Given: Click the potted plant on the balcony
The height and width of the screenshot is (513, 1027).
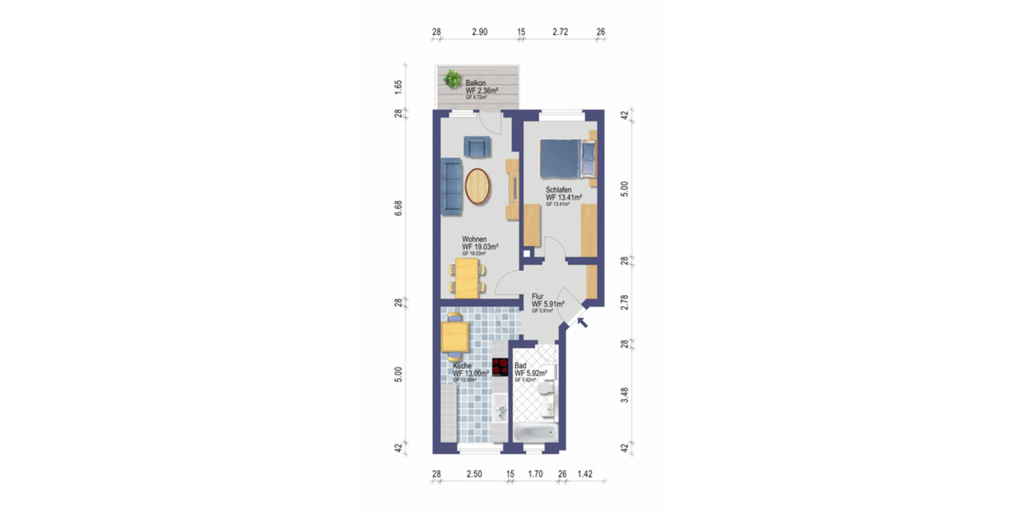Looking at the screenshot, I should pos(451,80).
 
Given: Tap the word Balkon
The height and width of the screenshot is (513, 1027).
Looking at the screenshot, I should pos(477,83).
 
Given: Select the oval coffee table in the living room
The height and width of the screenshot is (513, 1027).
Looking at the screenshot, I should pos(478,186).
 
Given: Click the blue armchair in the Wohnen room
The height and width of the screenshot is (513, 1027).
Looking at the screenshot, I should pos(477,147).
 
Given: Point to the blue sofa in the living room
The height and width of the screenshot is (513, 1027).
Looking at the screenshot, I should pos(451,186).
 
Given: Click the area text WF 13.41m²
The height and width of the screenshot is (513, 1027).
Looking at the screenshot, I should pos(564,198).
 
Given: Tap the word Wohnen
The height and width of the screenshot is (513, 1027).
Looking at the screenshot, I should pos(475,239).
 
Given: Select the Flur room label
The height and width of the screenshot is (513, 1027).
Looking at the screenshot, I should pos(538,296).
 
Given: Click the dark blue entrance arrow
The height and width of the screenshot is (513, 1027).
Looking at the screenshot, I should pos(583,323).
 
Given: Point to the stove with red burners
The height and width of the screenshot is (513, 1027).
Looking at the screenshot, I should pos(501,368).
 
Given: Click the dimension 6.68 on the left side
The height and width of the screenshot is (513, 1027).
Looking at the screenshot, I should pos(399,209).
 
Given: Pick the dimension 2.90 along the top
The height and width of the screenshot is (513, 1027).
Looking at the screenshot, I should pos(479,32).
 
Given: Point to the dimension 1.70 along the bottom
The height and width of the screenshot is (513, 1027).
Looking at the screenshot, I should pos(535,472).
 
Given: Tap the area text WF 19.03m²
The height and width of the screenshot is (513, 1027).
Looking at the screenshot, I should pos(480,247).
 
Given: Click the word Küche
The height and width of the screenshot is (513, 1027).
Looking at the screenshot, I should pos(462,366).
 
